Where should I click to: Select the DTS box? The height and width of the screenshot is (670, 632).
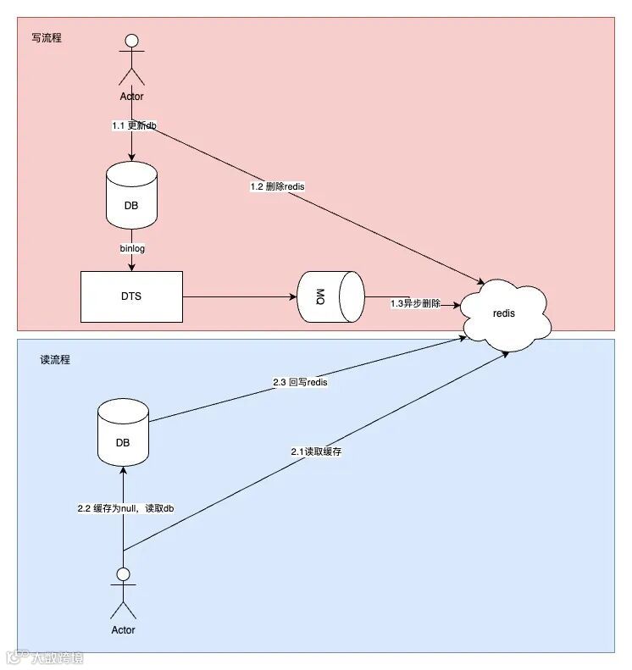click(131, 296)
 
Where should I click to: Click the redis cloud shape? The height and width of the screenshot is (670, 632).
click(504, 313)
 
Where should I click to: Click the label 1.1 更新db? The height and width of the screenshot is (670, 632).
click(134, 125)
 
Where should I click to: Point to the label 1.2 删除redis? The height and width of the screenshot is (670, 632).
click(277, 186)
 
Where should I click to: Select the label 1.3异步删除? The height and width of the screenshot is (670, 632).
click(415, 303)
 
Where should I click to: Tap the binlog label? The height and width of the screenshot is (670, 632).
click(132, 249)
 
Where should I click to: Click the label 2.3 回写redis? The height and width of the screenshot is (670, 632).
click(300, 383)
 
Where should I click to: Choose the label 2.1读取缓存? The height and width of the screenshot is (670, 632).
click(316, 452)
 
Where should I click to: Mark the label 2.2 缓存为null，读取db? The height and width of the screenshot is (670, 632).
click(125, 508)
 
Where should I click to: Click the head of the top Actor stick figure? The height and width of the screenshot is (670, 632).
click(131, 39)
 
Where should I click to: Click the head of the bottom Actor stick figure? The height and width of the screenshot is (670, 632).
click(124, 573)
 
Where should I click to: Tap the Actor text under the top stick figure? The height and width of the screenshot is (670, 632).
click(131, 97)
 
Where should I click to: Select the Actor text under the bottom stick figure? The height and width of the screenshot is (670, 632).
click(124, 630)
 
